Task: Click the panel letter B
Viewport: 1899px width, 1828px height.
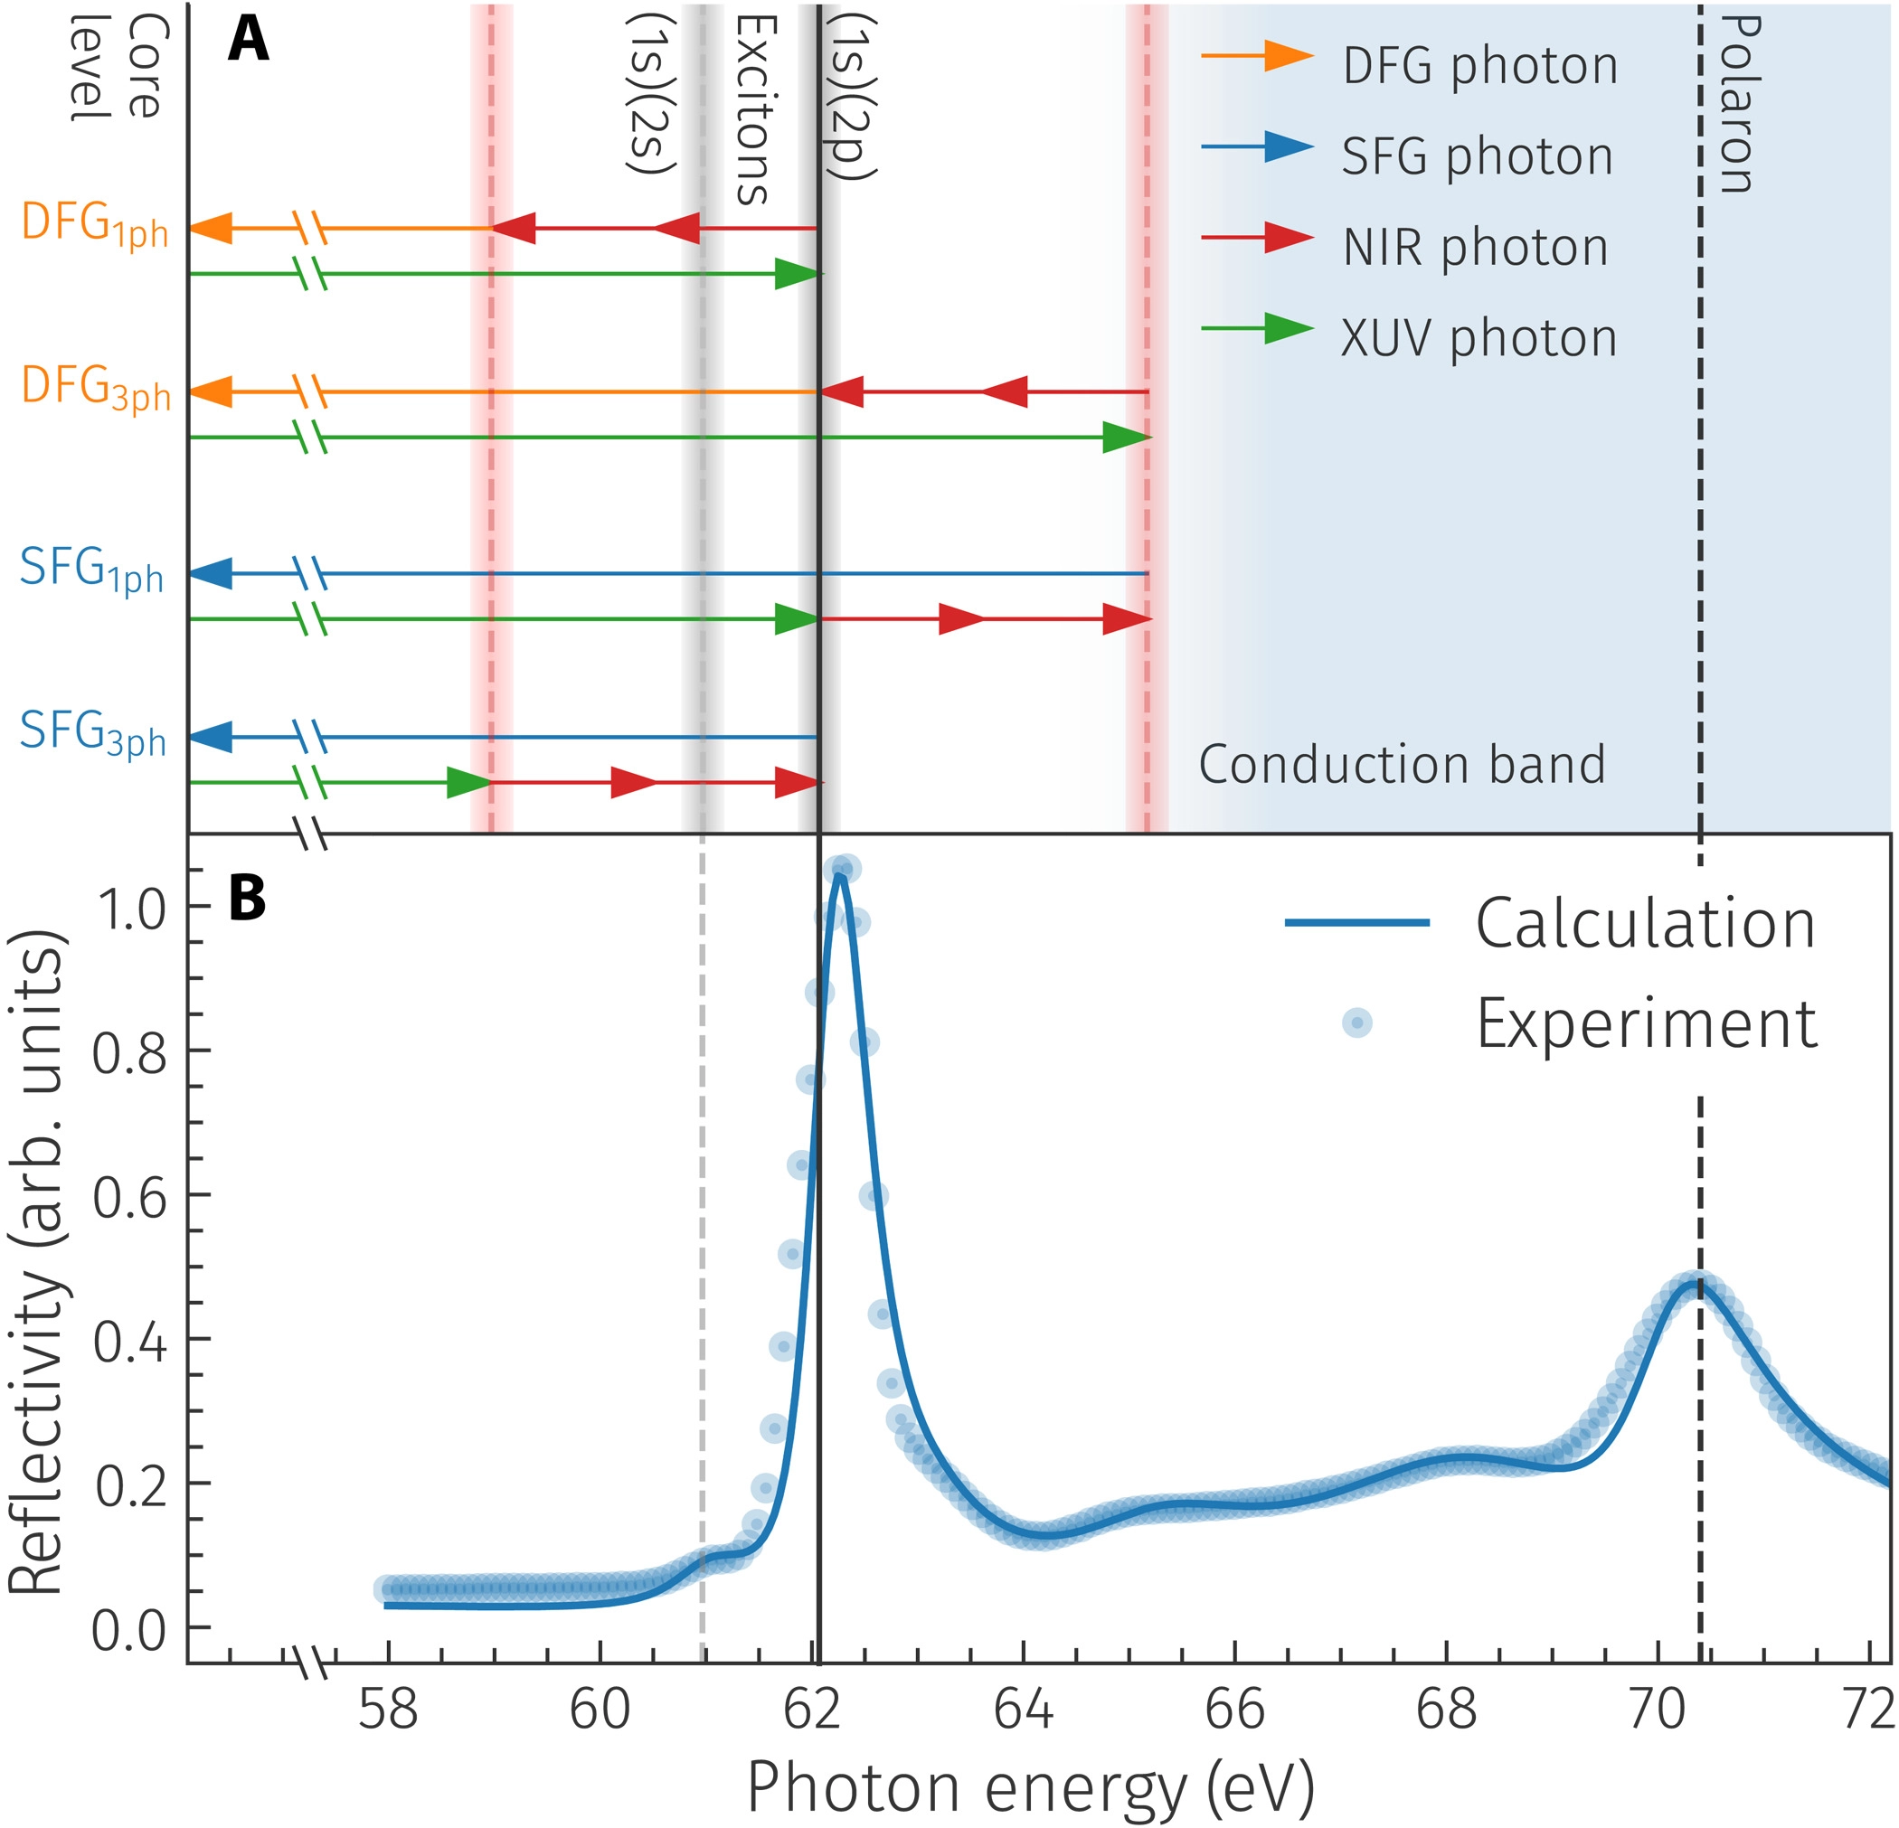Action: tap(247, 899)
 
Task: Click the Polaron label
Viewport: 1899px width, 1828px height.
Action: tap(1737, 104)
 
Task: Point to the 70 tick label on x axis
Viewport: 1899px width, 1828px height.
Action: tap(1657, 1710)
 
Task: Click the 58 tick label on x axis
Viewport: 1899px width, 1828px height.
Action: tap(389, 1710)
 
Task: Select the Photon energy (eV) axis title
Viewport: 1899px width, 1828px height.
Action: tap(1030, 1788)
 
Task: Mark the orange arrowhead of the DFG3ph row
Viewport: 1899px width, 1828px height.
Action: tap(212, 392)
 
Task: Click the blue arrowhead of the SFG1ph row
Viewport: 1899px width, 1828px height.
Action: tap(212, 573)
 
